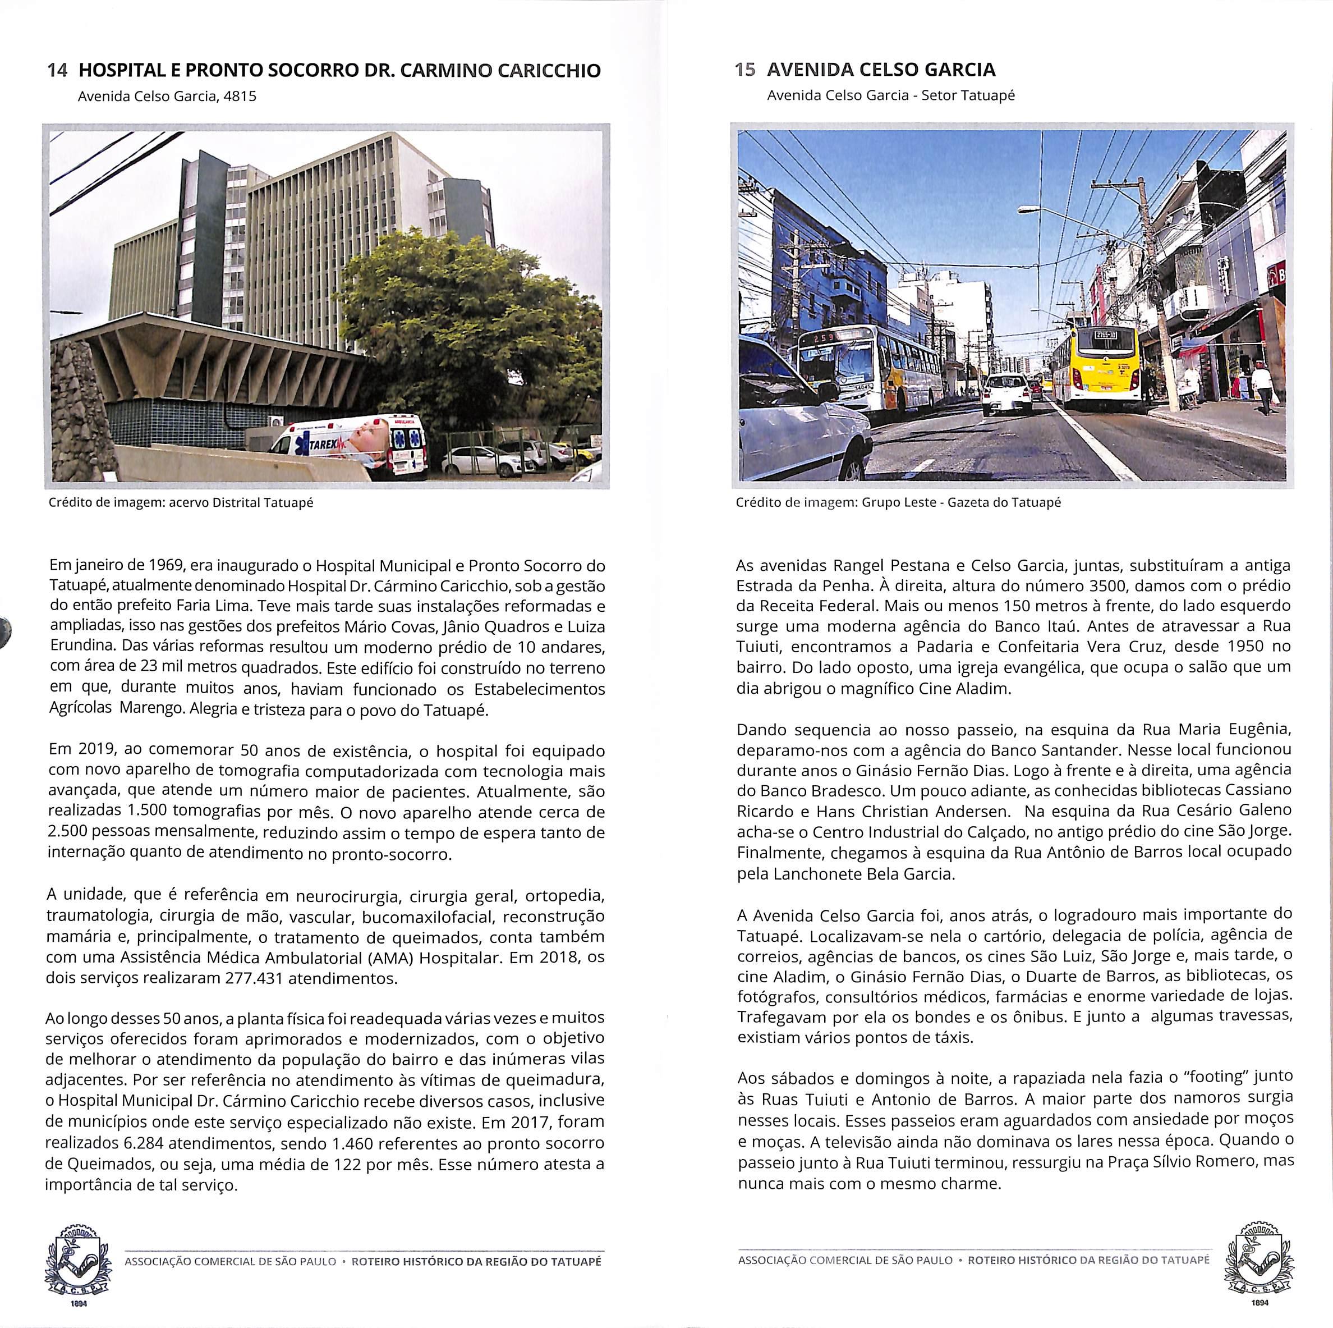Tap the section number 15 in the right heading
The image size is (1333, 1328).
745,70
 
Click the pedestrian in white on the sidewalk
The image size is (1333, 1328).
1262,387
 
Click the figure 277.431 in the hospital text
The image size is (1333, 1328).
255,978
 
